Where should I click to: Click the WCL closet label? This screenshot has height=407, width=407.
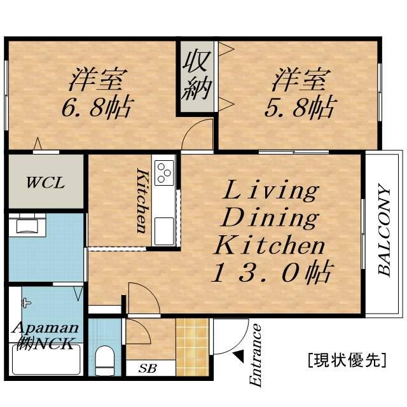45,183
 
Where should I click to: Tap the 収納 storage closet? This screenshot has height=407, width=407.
197,77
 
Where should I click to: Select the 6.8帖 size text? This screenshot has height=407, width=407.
97,107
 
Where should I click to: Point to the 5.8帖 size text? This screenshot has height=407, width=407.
301,107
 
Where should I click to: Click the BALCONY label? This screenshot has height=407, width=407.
384,230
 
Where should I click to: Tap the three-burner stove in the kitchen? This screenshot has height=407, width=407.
164,172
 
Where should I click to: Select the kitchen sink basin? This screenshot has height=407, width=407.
164,231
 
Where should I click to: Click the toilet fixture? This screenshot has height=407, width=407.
104,360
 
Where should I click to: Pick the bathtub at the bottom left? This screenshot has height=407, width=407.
46,360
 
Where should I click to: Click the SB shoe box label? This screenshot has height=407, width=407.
148,368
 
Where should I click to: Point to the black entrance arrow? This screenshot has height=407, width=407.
239,356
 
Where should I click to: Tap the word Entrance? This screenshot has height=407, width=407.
255,355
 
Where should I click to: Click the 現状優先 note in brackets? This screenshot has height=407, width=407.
347,360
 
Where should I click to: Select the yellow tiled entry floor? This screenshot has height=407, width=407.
192,347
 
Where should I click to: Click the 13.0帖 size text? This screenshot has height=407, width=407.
272,273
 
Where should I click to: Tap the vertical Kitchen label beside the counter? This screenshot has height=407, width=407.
142,201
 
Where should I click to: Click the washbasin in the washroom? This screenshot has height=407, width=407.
27,225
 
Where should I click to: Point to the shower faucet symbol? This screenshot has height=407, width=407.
25,303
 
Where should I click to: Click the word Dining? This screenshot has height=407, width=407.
270,219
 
